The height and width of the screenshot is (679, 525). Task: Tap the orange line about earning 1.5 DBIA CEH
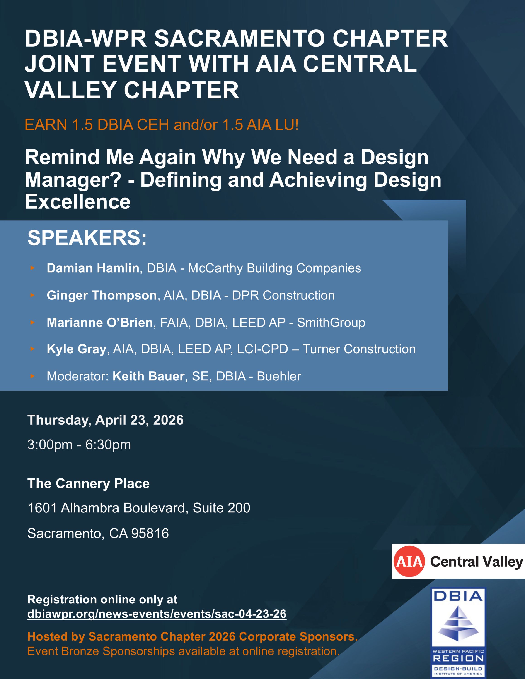click(x=162, y=125)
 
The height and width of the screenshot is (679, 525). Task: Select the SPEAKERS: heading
click(x=87, y=238)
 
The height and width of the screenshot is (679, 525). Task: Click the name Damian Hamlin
click(x=93, y=268)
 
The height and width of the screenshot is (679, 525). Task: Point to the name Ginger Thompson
click(x=102, y=295)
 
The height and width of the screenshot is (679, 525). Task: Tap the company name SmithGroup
click(x=331, y=323)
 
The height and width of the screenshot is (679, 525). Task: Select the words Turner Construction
click(x=359, y=349)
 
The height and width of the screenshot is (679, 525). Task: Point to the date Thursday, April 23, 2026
click(x=106, y=420)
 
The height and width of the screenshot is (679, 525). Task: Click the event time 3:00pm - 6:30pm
click(x=79, y=445)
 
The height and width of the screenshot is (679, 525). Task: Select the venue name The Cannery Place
click(x=88, y=483)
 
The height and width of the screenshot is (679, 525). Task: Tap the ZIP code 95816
click(x=150, y=533)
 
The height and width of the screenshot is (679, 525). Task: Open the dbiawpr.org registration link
click(x=157, y=614)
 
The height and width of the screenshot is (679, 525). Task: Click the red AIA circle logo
click(x=409, y=562)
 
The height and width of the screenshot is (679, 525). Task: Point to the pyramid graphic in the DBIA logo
click(x=458, y=623)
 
